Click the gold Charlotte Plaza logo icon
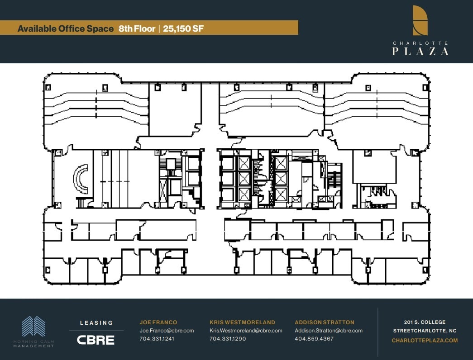tap(420, 20)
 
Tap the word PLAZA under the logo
tap(420, 51)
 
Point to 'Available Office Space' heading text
tap(65, 28)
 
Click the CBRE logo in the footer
tap(96, 340)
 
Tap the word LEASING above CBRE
tap(96, 323)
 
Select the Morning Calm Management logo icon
tap(33, 327)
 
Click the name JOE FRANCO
tap(158, 322)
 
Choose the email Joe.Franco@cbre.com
tap(167, 331)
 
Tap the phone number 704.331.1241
tap(157, 339)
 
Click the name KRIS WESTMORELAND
tap(242, 322)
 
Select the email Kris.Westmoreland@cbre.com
tap(246, 331)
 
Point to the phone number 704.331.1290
tap(228, 339)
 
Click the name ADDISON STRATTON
tap(325, 322)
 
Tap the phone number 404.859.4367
tap(314, 339)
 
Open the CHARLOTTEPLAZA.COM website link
tap(425, 341)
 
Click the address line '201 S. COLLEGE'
tap(425, 322)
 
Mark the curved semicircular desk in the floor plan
tap(79, 179)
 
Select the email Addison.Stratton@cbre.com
tap(329, 331)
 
